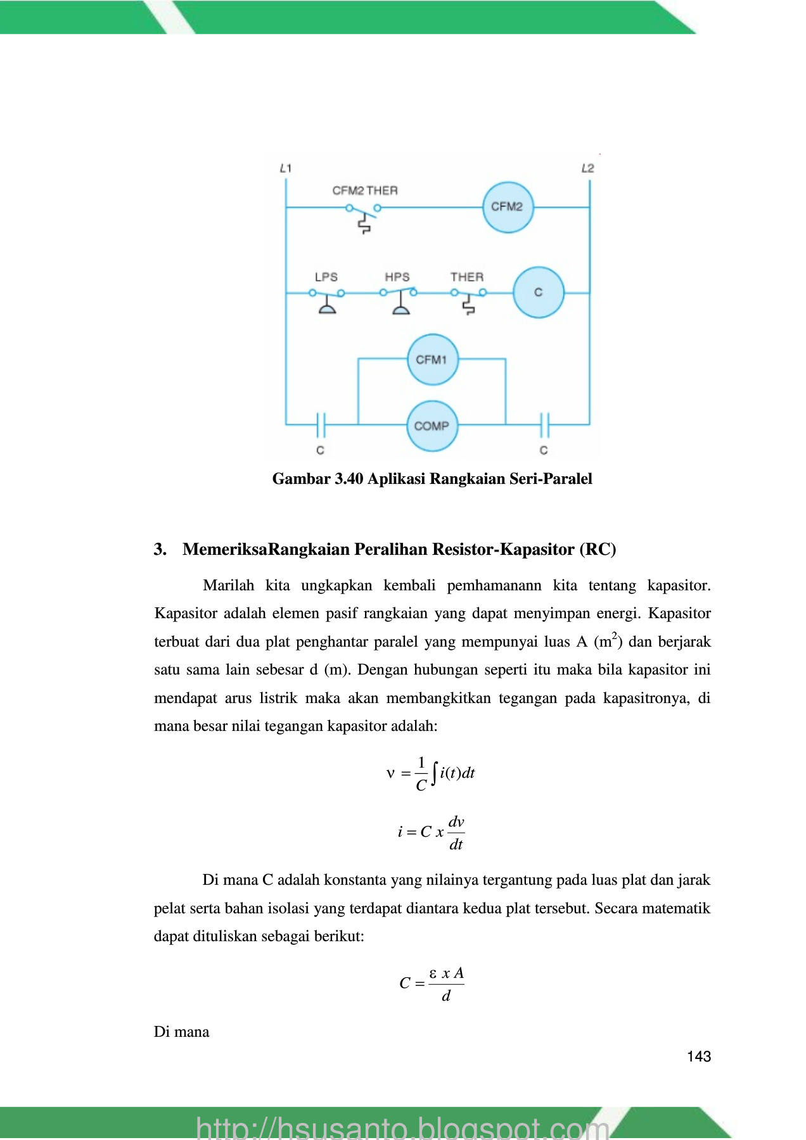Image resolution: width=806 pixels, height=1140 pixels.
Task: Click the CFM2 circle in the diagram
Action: pos(507,207)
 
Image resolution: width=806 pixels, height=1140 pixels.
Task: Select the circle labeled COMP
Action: pos(432,426)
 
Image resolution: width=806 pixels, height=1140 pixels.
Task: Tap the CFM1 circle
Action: pos(432,360)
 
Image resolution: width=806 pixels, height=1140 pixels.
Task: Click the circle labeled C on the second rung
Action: pos(538,293)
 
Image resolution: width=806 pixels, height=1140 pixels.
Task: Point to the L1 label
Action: pos(286,168)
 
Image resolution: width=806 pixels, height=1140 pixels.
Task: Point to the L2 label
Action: pos(587,168)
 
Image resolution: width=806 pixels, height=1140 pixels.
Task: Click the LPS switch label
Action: pos(326,277)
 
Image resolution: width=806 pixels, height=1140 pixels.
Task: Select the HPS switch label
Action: pos(397,277)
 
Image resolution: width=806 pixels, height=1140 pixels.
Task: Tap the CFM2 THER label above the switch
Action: pos(365,191)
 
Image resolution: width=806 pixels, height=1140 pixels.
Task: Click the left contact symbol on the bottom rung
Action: pos(321,425)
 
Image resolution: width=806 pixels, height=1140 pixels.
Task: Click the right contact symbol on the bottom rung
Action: pos(544,425)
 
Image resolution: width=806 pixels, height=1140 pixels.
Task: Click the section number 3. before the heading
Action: pos(160,549)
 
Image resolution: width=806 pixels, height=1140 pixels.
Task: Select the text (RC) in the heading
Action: pos(598,549)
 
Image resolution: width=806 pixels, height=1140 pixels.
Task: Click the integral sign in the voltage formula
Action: pos(434,773)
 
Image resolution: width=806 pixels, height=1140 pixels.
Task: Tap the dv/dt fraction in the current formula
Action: pos(456,833)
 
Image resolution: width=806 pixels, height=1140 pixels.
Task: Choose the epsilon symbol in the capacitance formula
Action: pos(433,973)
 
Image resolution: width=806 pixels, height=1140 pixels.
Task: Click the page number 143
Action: pos(699,1056)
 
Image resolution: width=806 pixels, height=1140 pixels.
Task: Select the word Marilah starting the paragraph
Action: pos(228,585)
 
